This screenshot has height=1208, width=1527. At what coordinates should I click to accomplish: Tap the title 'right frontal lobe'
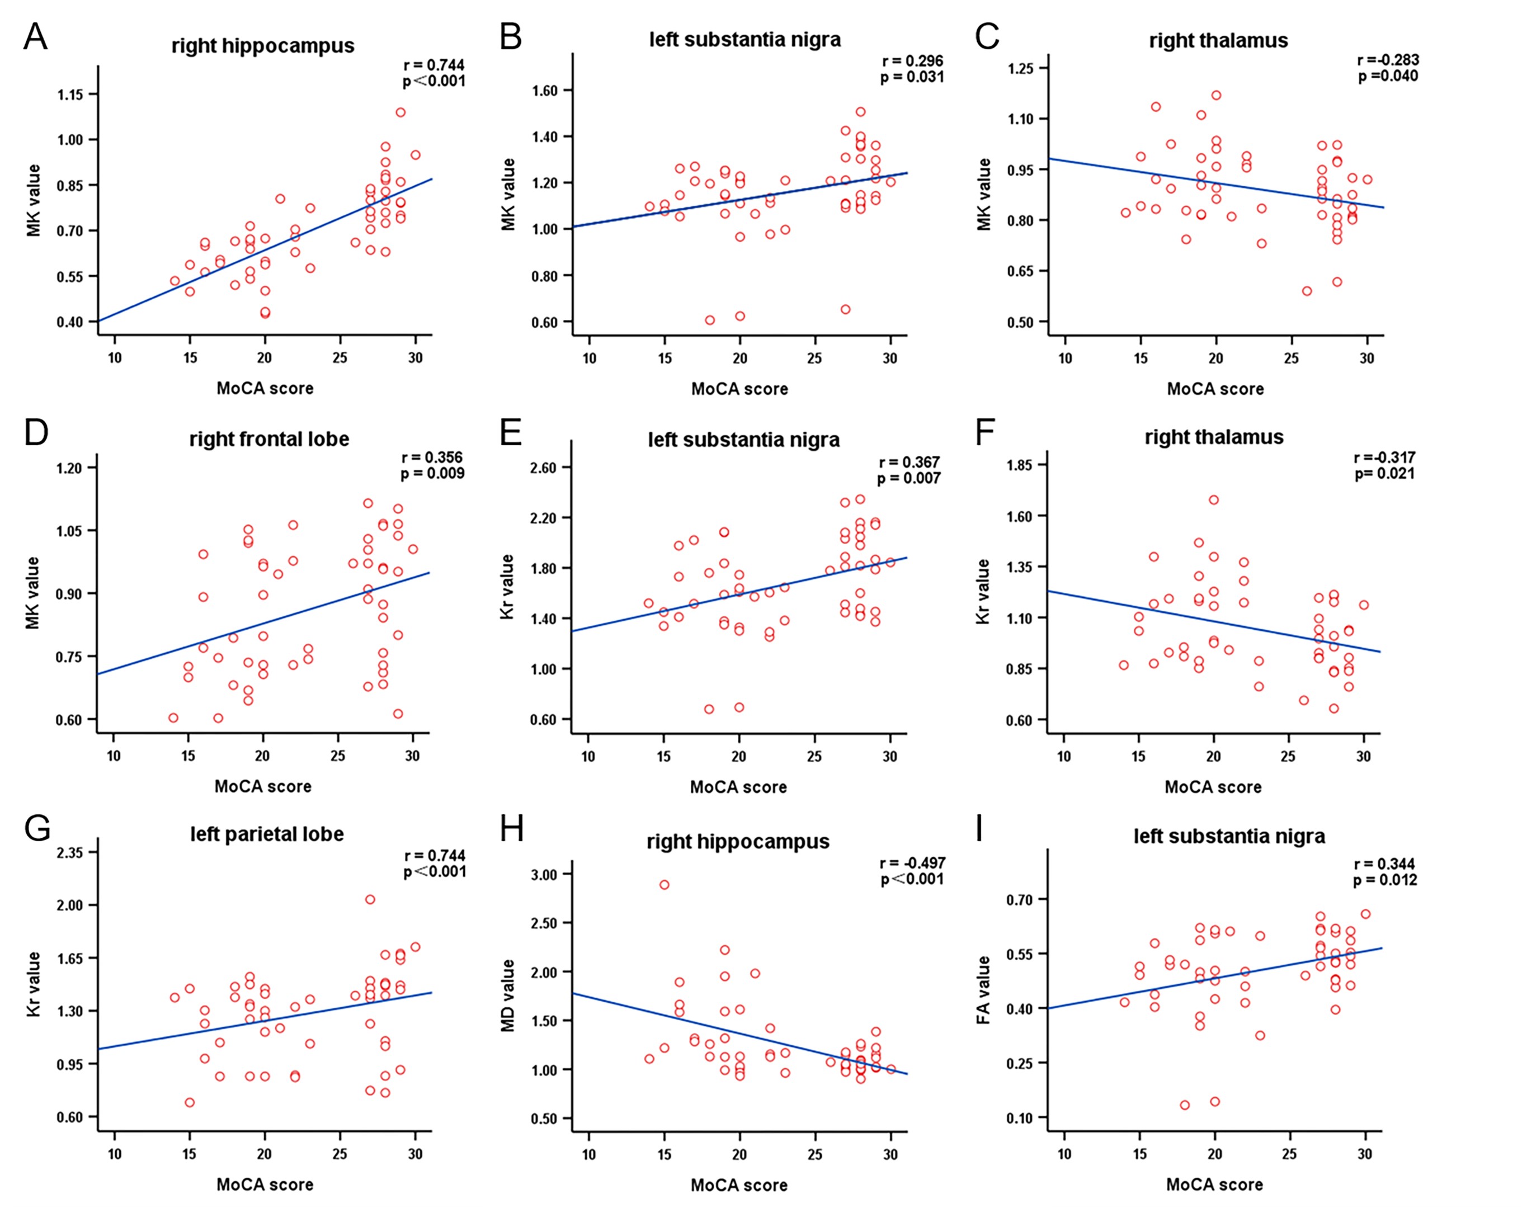pos(269,439)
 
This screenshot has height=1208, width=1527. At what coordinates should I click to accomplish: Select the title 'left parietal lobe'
pos(267,834)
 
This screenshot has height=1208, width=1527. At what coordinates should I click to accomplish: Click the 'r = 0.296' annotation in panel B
pos(912,61)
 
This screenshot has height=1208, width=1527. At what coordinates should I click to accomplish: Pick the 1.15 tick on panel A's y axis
pos(70,95)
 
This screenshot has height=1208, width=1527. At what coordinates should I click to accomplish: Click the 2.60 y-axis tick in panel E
pos(544,468)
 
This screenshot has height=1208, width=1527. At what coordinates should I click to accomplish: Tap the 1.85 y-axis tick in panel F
pos(1019,465)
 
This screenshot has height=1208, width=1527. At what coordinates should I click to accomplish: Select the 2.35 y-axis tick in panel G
pos(69,852)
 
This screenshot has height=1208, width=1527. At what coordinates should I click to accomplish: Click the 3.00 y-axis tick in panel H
pos(544,874)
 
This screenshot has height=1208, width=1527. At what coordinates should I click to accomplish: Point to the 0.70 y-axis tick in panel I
pos(1019,900)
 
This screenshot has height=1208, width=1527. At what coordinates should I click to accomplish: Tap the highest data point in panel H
pos(664,885)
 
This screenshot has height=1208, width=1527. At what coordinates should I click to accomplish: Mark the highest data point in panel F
pos(1214,500)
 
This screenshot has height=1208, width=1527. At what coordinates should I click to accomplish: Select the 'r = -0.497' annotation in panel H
pos(912,863)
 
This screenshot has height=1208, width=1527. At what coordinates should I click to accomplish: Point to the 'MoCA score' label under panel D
pos(262,786)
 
